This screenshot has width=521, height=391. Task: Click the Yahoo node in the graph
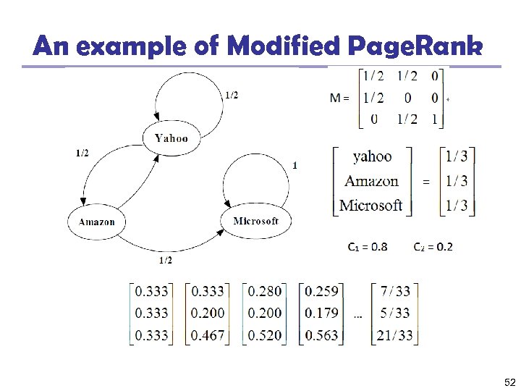pos(171,138)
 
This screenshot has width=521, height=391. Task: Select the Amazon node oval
pos(96,222)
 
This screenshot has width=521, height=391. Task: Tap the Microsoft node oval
pos(255,221)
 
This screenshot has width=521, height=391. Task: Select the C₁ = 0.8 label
pos(367,247)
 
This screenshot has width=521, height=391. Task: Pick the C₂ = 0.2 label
pos(433,247)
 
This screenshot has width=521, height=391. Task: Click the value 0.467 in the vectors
pos(208,335)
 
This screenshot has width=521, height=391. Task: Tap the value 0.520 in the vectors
pos(265,335)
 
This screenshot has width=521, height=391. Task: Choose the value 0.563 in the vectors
pos(322,335)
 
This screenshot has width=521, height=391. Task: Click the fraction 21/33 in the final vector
pos(395,335)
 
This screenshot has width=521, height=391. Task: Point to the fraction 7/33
pos(395,291)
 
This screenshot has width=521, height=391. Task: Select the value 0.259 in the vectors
pos(322,291)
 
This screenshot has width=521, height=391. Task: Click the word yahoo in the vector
pos(372,156)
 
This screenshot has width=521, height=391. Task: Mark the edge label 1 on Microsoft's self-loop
pos(295,165)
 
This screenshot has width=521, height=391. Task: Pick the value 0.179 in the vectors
pos(322,313)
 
